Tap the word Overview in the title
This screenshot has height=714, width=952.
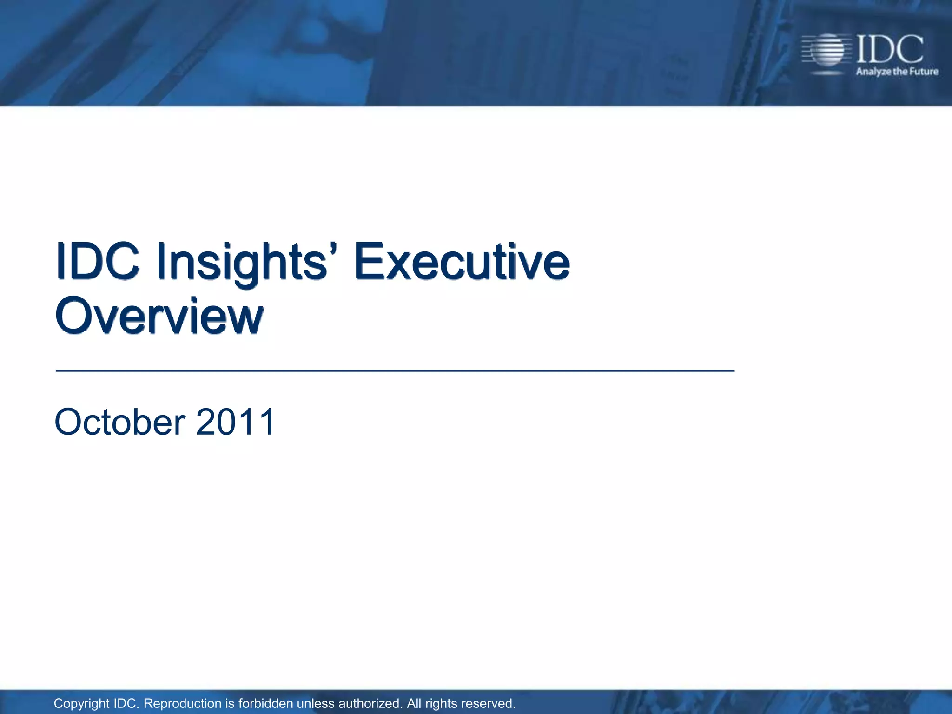(159, 316)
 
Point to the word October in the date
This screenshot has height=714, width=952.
(120, 422)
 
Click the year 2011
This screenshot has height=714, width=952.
(236, 422)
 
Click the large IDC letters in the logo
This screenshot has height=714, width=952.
(889, 49)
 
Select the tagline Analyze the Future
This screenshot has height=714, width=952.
(897, 72)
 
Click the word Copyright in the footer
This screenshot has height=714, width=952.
(82, 704)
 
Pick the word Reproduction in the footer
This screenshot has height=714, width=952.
(183, 704)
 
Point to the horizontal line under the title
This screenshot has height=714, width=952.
(395, 370)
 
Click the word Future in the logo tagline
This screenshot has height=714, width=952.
(924, 72)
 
